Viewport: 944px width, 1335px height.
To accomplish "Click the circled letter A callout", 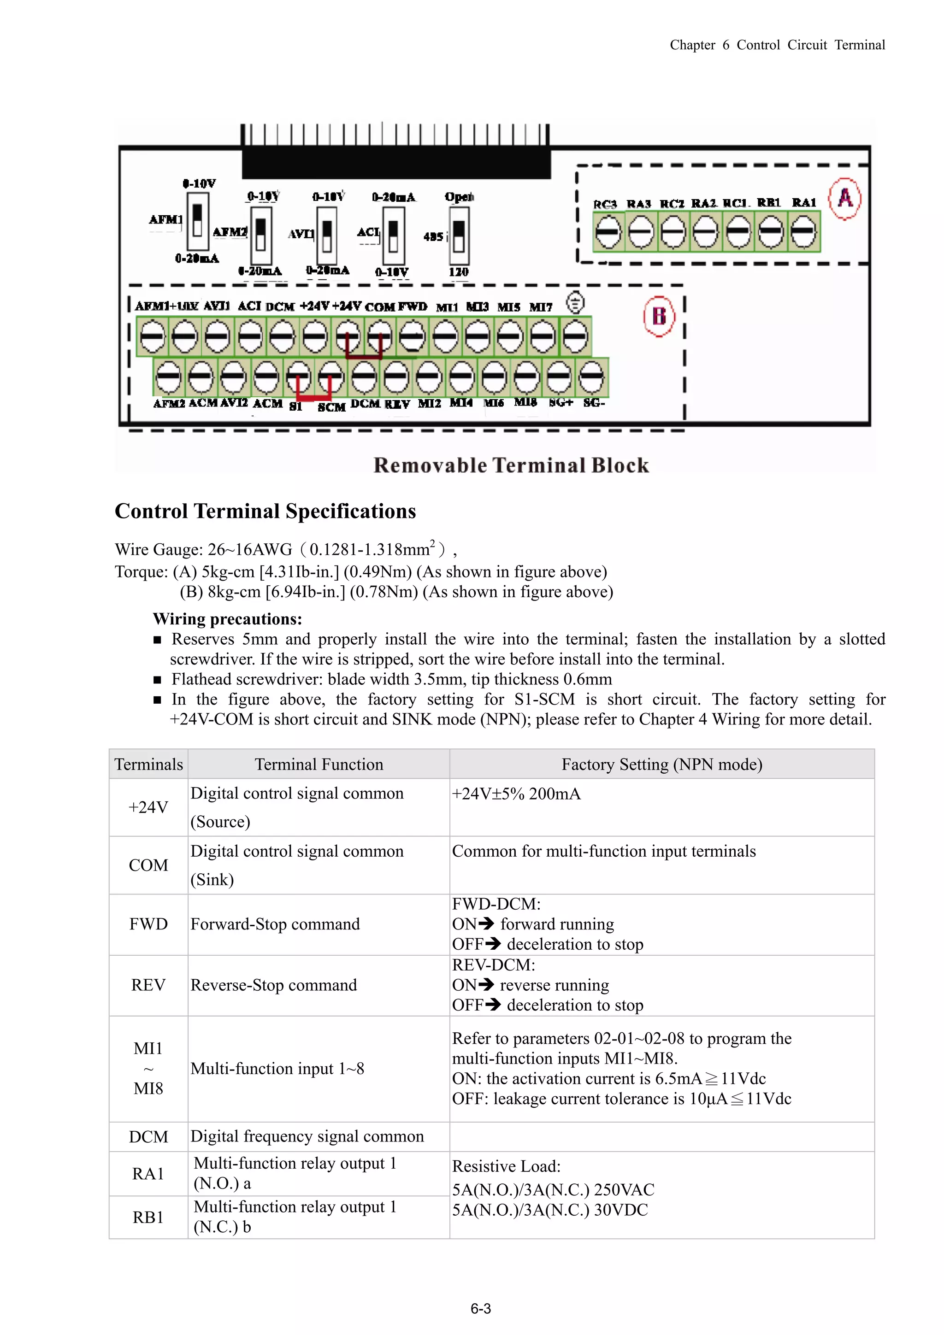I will click(x=844, y=198).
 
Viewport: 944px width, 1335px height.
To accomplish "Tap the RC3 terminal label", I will click(x=604, y=204).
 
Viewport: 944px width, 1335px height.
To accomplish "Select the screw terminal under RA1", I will click(x=803, y=232).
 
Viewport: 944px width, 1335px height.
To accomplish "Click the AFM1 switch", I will click(x=197, y=221).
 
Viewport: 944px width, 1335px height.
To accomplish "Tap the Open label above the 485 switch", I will click(x=459, y=196).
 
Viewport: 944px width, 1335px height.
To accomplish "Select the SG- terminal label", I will click(x=594, y=402).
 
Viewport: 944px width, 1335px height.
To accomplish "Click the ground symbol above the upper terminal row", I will click(x=575, y=303).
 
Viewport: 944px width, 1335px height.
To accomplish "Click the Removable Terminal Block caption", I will click(x=511, y=465).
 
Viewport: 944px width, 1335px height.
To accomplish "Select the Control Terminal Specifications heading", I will click(x=265, y=511).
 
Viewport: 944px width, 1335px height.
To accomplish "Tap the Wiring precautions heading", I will click(x=227, y=619).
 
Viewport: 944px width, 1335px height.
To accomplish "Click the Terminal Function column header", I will click(x=319, y=764).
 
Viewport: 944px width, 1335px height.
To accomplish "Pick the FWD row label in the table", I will click(x=148, y=924).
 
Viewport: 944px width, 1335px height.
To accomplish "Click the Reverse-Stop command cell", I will click(x=273, y=985).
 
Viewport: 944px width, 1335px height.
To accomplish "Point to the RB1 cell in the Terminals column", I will click(x=148, y=1217).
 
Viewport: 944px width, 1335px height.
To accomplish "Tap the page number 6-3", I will click(x=480, y=1308).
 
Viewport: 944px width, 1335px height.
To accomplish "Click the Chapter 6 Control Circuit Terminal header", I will click(x=777, y=45).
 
